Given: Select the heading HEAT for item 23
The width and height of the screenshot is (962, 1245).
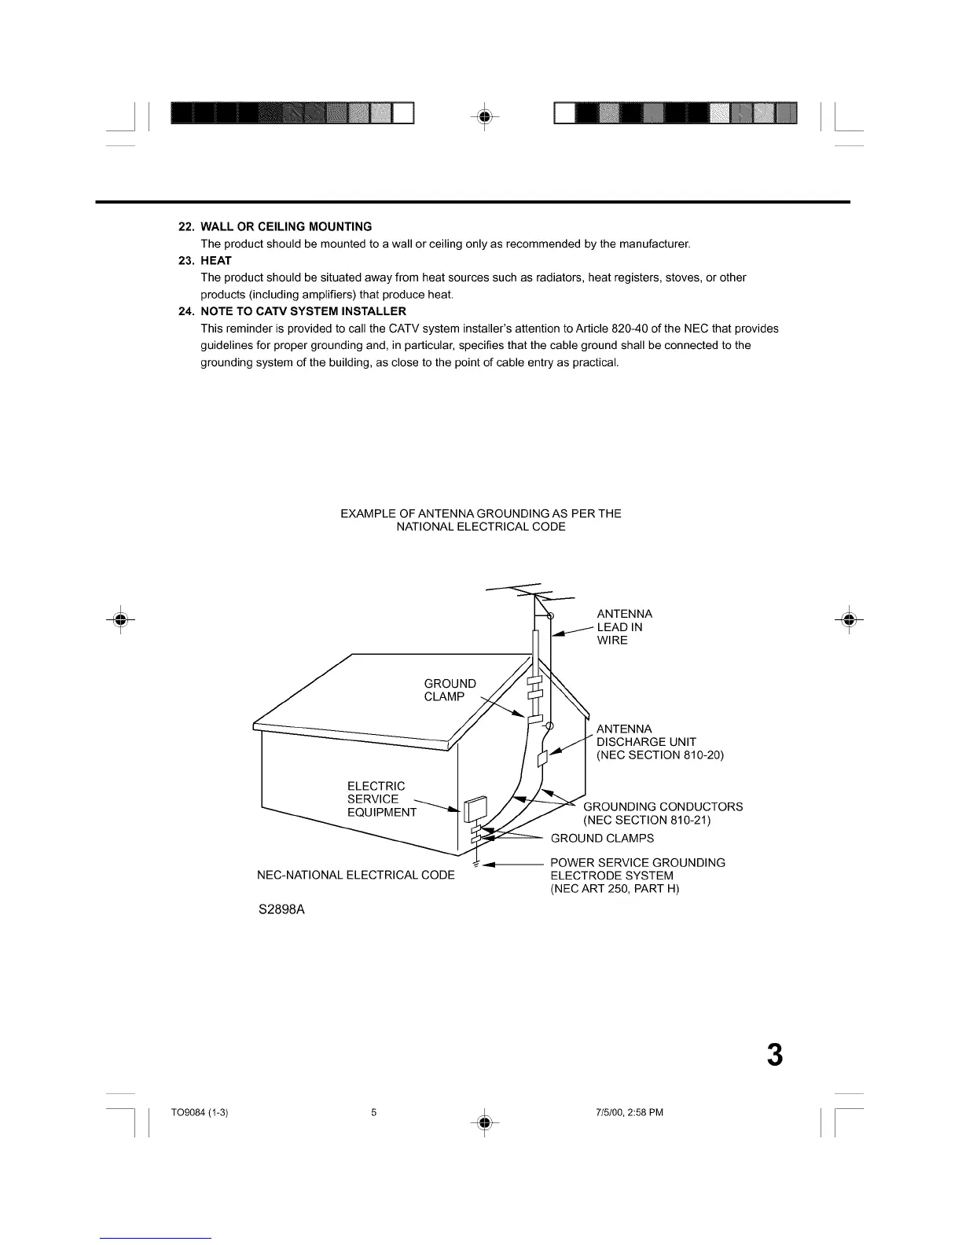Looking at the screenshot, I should click(216, 260).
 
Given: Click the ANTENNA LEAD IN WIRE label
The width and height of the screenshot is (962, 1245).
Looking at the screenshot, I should click(624, 627).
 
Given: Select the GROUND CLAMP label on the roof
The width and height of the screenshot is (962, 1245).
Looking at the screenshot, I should click(450, 690).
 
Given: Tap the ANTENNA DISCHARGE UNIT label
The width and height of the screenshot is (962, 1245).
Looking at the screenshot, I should click(659, 742).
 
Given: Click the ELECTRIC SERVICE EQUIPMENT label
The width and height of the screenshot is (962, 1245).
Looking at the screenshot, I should click(381, 799).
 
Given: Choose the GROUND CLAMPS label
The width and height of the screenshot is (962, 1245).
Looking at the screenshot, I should click(602, 838).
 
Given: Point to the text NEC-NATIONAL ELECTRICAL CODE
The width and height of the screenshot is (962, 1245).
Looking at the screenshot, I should click(356, 876).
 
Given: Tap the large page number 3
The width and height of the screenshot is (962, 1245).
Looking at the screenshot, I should click(775, 1055).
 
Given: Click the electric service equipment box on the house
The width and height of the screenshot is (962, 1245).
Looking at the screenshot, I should click(475, 809).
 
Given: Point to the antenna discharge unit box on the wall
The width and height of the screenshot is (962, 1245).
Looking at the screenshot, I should click(542, 758).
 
